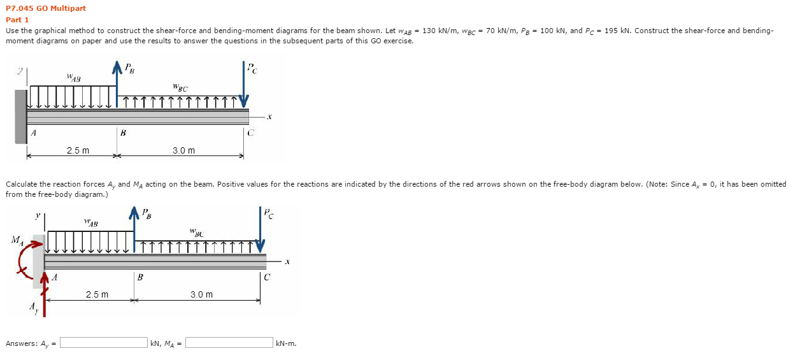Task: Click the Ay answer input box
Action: [104, 343]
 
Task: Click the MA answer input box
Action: [229, 343]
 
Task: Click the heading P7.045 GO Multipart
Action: [46, 8]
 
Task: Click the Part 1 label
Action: [17, 20]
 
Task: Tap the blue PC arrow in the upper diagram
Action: [244, 83]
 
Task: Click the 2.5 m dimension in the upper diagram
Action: [78, 150]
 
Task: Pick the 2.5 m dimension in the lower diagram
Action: [97, 294]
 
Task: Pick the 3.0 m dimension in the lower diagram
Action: [201, 294]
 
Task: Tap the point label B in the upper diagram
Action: [123, 133]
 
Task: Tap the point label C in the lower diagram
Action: [267, 277]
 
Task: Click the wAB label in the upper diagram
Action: [73, 78]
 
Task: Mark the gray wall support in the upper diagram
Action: [21, 116]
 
